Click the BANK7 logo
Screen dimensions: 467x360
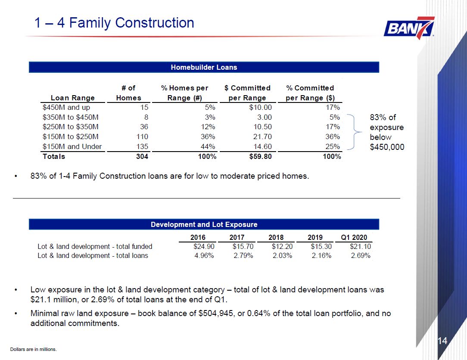tap(409, 28)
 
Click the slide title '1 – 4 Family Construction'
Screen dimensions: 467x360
tap(114, 23)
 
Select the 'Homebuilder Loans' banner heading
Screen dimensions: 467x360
tap(204, 67)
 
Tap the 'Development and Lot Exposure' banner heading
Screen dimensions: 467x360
tap(204, 224)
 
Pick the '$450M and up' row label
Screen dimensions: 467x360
tap(66, 108)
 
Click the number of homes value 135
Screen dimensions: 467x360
tap(142, 146)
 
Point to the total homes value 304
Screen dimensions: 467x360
tap(142, 156)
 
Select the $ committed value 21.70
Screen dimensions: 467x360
tap(262, 137)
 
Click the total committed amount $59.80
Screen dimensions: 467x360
tap(260, 156)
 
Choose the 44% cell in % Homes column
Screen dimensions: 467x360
tap(208, 146)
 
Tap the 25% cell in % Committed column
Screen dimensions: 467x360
tap(333, 146)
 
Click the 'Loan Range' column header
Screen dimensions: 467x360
tap(73, 98)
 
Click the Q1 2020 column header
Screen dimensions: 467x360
tap(354, 237)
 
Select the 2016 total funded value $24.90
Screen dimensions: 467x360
tap(204, 247)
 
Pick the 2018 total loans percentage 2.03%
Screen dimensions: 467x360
tap(282, 255)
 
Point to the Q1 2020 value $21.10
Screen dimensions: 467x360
tap(361, 247)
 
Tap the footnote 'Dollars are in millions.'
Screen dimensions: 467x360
tap(33, 349)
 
